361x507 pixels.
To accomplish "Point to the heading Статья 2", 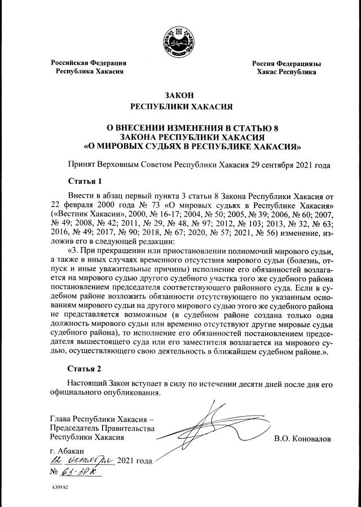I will pos(85,369).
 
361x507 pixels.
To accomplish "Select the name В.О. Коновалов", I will pos(302,438).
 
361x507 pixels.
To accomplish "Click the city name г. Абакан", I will pos(67,451).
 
